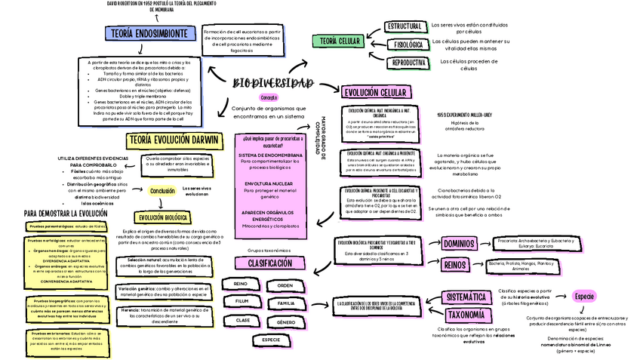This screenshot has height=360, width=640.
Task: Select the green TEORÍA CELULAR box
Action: pos(340,41)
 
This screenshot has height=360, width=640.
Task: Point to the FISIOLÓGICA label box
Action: pos(408,45)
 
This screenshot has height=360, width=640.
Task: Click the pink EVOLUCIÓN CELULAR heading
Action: pos(377,92)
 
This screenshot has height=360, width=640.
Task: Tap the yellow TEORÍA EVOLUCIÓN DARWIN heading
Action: pos(174,140)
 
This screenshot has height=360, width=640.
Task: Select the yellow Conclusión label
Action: pos(162,191)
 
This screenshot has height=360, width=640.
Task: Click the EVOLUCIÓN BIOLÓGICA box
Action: pos(159,218)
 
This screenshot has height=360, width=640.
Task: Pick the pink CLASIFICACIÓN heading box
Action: pos(264,263)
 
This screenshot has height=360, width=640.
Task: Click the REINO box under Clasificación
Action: pos(241,285)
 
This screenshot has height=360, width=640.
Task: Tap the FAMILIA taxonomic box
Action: pos(285,303)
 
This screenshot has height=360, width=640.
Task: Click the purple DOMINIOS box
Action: pos(458,244)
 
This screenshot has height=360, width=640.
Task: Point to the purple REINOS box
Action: pos(454,265)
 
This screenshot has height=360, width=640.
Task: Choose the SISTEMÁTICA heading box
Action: pos(465,297)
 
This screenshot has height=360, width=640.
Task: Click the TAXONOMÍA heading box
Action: pos(464,315)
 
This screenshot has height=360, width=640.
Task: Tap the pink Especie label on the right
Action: pos(585,296)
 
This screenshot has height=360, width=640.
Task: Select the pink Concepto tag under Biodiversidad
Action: pos(269,98)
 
